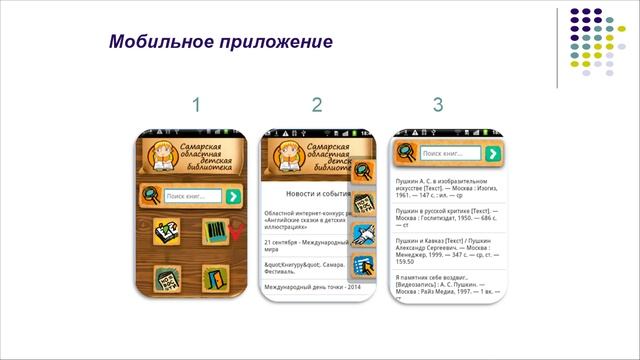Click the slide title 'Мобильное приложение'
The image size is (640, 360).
[x=219, y=43]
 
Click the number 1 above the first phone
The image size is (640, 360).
[x=197, y=105]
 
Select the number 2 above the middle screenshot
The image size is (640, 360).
[x=317, y=105]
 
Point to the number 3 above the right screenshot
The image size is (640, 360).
[x=438, y=105]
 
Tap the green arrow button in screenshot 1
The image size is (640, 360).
[x=233, y=197]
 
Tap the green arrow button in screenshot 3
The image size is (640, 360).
[x=491, y=154]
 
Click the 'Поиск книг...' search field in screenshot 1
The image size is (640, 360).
[x=192, y=197]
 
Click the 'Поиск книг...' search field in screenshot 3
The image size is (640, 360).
[x=450, y=154]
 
